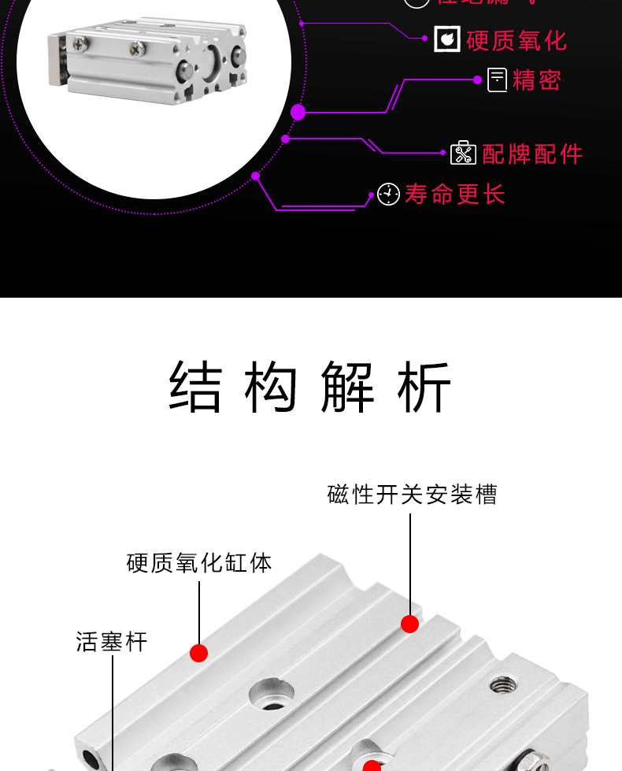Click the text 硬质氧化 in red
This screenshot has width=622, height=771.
tap(516, 40)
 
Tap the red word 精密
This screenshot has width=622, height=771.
tap(536, 80)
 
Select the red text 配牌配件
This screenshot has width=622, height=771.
tap(532, 154)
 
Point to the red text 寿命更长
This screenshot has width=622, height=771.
tap(454, 194)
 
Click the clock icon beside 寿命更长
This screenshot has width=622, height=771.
tap(388, 194)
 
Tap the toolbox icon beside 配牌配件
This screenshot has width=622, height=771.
tap(463, 153)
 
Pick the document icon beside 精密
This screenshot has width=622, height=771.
tap(497, 80)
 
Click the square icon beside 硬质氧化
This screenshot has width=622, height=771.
tap(447, 39)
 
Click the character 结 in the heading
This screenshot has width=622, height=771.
tap(195, 387)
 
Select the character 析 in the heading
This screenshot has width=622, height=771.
tap(424, 387)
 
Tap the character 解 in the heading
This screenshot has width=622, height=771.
tap(347, 387)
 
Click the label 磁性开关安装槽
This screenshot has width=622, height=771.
tap(412, 495)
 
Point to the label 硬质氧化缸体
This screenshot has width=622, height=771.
tap(199, 563)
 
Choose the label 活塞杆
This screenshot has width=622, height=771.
tap(112, 641)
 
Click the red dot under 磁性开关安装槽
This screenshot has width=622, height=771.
tap(409, 624)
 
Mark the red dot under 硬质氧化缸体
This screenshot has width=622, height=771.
tap(199, 653)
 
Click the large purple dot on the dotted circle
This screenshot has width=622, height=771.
tap(298, 112)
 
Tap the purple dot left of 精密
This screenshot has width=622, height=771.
tap(478, 80)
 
